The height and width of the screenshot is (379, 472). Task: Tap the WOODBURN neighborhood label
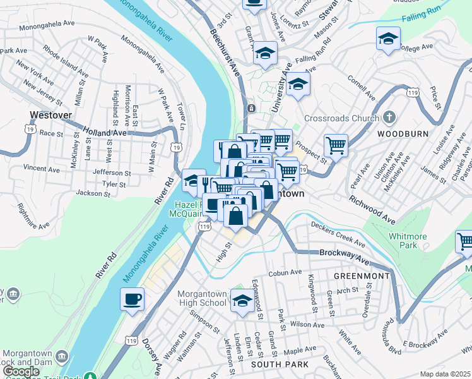pos(403,134)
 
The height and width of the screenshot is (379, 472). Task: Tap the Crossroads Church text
pos(341,118)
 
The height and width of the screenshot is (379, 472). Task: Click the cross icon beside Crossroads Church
pos(389,117)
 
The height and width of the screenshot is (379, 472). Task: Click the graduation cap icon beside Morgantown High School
pos(242,300)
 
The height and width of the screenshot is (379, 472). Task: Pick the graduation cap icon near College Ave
pos(388,39)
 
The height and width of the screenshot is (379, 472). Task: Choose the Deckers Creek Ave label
pos(338,233)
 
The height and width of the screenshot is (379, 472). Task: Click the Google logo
pos(20,372)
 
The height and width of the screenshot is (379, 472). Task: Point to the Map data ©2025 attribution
pos(445,374)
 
